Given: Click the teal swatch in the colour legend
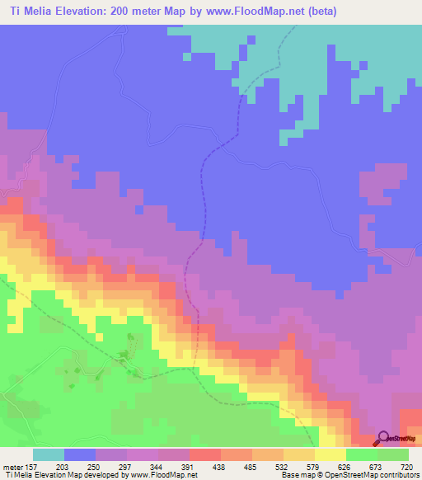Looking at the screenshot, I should coord(49,454).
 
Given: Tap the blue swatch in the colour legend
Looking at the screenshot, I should coord(80,454).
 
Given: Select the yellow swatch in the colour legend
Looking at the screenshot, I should coord(330,454).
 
